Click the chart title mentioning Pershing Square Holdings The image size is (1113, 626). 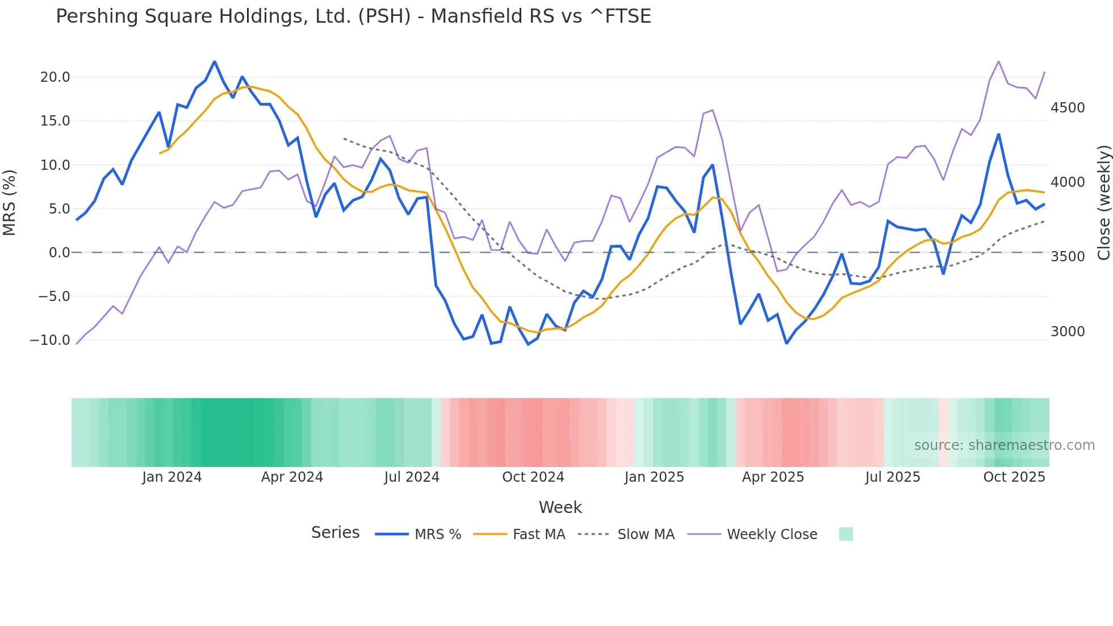tap(353, 16)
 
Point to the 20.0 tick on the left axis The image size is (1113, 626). tap(55, 77)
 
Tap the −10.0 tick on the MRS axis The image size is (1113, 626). tap(50, 340)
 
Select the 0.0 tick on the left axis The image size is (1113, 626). tap(59, 252)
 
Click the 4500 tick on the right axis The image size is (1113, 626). tap(1068, 108)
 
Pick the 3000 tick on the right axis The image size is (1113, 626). tap(1068, 332)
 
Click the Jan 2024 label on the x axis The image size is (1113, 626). tap(171, 477)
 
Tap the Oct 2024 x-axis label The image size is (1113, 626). tap(533, 477)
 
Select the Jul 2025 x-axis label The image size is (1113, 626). tap(892, 477)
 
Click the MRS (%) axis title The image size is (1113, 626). tap(10, 202)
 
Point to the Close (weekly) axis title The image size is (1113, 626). tap(1103, 202)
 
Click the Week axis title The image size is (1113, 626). tap(560, 507)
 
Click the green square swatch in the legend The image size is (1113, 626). tap(846, 534)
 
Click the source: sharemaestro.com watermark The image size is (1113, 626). tap(1004, 445)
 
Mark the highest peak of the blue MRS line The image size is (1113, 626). tap(214, 61)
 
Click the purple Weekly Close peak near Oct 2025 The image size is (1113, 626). tap(998, 61)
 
